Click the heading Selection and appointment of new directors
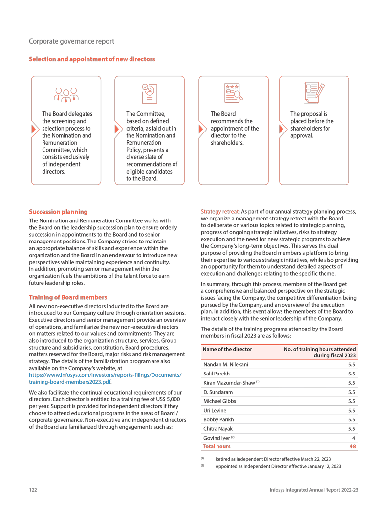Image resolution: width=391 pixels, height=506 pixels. click(x=92, y=59)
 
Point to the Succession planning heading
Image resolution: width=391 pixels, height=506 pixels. click(x=58, y=212)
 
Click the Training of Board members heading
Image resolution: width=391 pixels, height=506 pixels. click(x=68, y=297)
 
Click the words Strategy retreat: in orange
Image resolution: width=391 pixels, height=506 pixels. click(x=220, y=212)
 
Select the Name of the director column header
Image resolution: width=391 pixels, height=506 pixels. click(x=227, y=349)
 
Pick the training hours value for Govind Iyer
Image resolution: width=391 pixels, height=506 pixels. click(x=353, y=438)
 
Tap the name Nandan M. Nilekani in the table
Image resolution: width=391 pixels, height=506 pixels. click(x=225, y=365)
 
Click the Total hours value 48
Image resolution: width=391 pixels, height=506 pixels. click(x=352, y=446)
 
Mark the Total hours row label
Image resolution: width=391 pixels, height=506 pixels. click(x=216, y=446)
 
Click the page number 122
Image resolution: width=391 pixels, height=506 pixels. click(x=33, y=490)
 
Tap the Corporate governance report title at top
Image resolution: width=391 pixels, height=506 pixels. click(x=72, y=41)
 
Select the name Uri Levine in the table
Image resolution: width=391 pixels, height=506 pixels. click(x=215, y=411)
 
